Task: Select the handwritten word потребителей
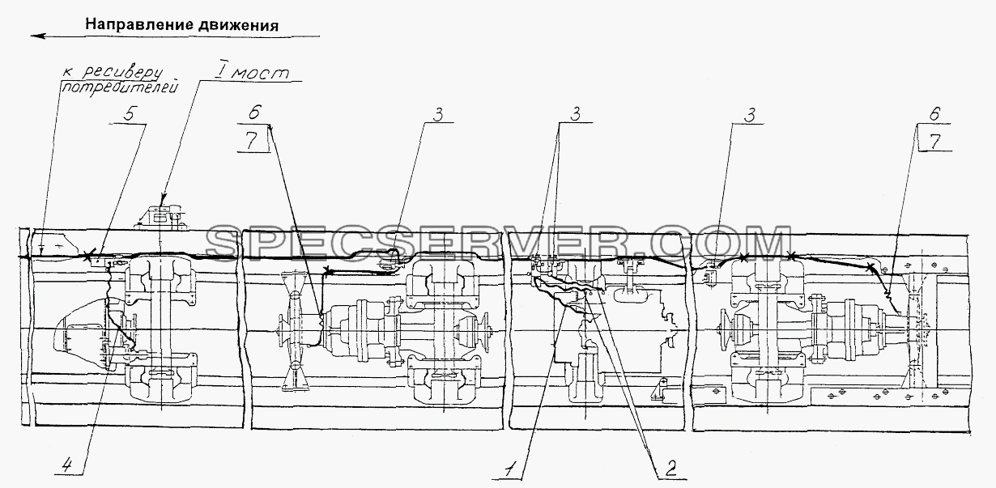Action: [x=119, y=87]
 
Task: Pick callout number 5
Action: [x=128, y=114]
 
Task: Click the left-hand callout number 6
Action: [x=254, y=112]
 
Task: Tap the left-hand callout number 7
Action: [x=252, y=141]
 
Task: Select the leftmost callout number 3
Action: [x=438, y=115]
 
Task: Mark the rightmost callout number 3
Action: [x=750, y=115]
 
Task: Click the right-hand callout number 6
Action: [x=934, y=114]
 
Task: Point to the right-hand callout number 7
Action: [x=935, y=142]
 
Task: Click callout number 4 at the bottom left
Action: [x=66, y=465]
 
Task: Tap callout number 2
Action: [x=670, y=468]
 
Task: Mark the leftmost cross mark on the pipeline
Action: [x=89, y=256]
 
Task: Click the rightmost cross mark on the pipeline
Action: [x=870, y=267]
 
